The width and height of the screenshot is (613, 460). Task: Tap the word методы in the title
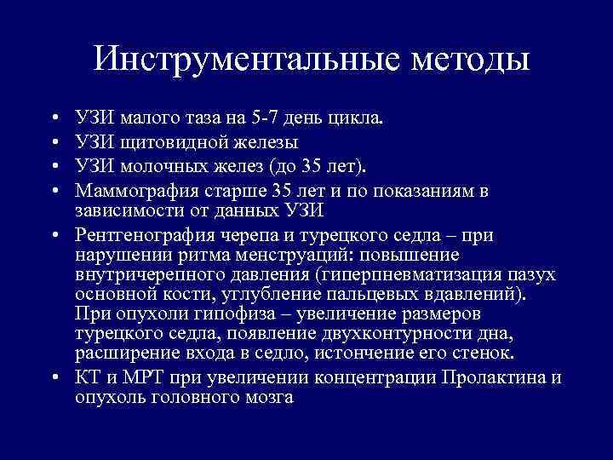tap(469, 59)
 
